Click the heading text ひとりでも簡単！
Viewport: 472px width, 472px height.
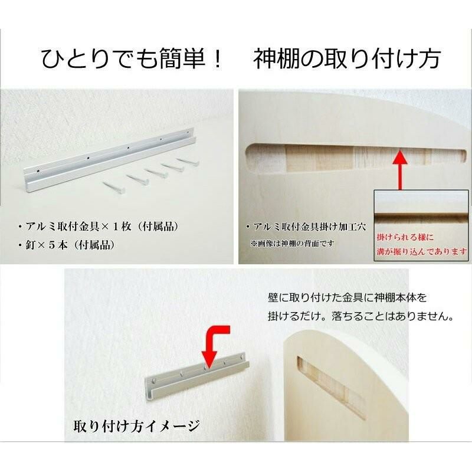[132, 58]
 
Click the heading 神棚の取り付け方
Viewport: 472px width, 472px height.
[347, 58]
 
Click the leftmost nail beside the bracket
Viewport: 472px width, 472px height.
[114, 188]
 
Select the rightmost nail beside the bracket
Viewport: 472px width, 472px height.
[188, 162]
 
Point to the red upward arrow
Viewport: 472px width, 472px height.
[400, 170]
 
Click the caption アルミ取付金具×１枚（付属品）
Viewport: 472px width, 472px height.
[98, 227]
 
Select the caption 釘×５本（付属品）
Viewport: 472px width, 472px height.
[66, 245]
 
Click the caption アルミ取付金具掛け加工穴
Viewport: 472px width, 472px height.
[306, 227]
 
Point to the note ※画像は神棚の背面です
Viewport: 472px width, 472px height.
[292, 243]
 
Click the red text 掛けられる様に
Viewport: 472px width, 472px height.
[405, 237]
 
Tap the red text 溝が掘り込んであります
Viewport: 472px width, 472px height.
[422, 251]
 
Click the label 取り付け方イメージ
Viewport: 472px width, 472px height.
[137, 426]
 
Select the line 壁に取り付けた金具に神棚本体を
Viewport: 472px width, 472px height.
[348, 298]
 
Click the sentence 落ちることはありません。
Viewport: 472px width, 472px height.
[392, 316]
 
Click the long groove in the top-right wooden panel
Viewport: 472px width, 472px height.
[356, 158]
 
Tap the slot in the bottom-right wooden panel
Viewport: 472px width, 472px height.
[331, 388]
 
